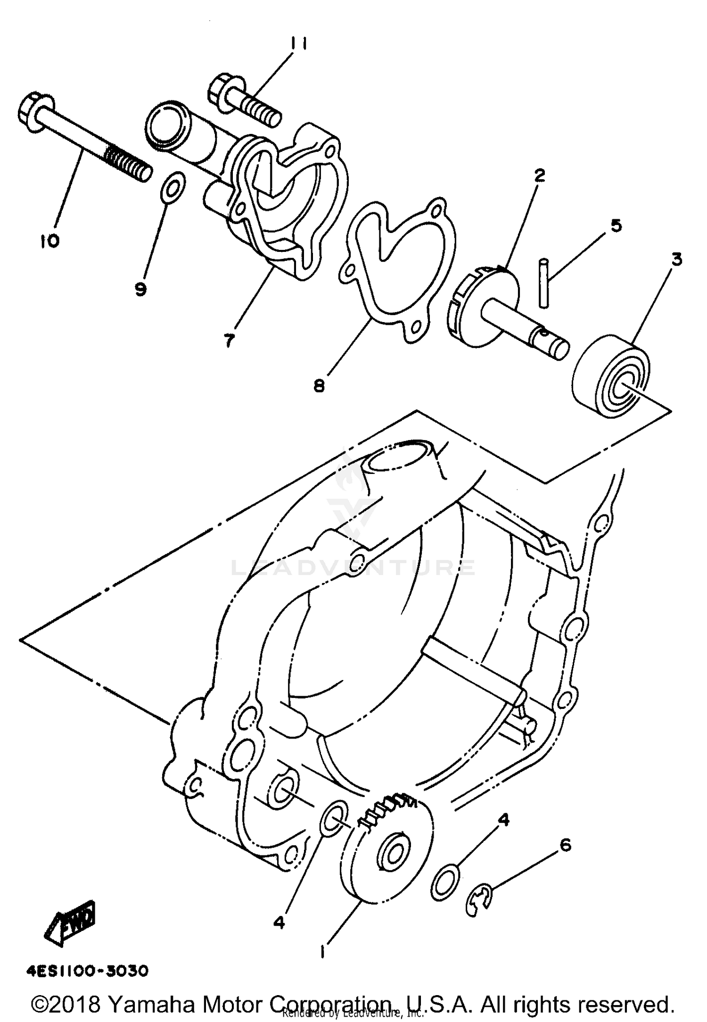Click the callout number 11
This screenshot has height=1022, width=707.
click(298, 44)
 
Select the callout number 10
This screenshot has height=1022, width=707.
click(49, 241)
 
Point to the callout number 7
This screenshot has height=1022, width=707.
click(229, 340)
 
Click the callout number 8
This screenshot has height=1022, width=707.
click(319, 386)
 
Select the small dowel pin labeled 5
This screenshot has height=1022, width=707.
click(544, 283)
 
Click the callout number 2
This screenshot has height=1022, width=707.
click(539, 175)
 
